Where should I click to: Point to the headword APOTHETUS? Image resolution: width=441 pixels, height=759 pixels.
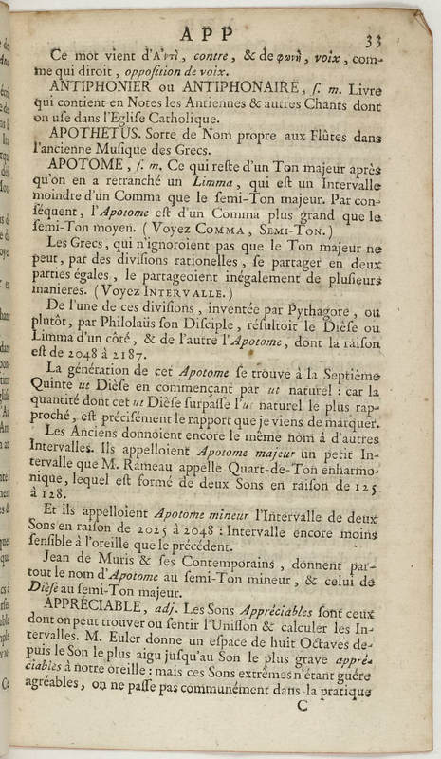(x=93, y=135)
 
